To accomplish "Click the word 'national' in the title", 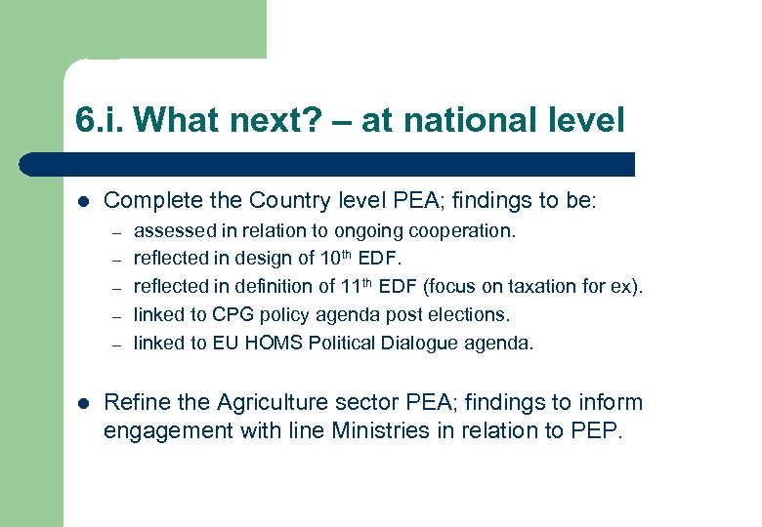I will (464, 120).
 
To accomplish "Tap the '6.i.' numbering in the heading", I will (100, 120).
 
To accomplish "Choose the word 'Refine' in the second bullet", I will (133, 402).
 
